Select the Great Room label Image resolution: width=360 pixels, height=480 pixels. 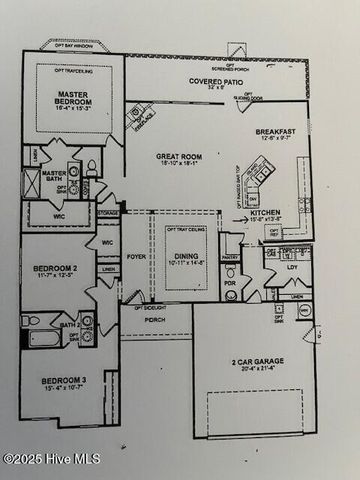point(179,155)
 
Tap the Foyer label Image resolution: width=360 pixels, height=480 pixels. point(136,256)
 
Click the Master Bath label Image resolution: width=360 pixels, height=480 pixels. point(54,172)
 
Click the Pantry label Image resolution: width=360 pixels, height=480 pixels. point(230,257)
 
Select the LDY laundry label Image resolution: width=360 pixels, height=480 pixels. point(292,267)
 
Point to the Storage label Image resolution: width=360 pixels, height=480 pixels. point(107,213)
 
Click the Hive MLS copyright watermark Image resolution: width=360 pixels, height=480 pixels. point(47,458)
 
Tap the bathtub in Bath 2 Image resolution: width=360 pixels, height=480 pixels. point(40,334)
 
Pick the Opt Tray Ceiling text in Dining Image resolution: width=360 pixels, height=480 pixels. point(187,232)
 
